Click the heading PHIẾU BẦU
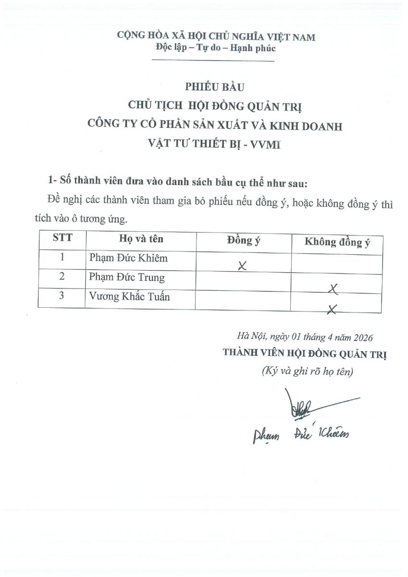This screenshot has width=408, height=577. point(215,87)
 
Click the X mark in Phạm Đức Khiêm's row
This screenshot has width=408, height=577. point(242,266)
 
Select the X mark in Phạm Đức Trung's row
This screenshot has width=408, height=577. point(333,288)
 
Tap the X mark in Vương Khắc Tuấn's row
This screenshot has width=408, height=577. point(331,309)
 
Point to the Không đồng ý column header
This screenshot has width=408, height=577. point(337,241)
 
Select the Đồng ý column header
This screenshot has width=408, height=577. point(244,240)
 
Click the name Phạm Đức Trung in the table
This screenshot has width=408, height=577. point(127,277)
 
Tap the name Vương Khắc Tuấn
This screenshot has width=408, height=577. point(129,297)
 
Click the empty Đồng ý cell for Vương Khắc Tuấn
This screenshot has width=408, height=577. point(243,300)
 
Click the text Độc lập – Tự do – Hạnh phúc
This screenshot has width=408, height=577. point(216,48)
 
